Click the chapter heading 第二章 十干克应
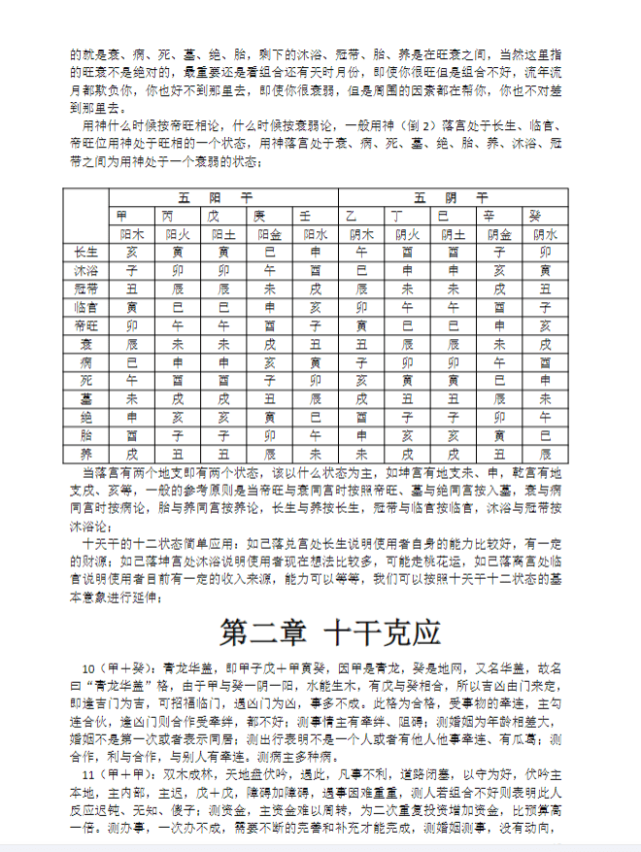point(330,631)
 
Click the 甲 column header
point(121,215)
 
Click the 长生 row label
point(85,252)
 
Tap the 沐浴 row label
point(85,270)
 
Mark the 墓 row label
point(85,398)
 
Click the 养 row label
point(85,454)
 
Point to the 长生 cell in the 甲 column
point(131,252)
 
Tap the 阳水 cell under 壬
point(315,233)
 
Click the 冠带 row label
point(85,289)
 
